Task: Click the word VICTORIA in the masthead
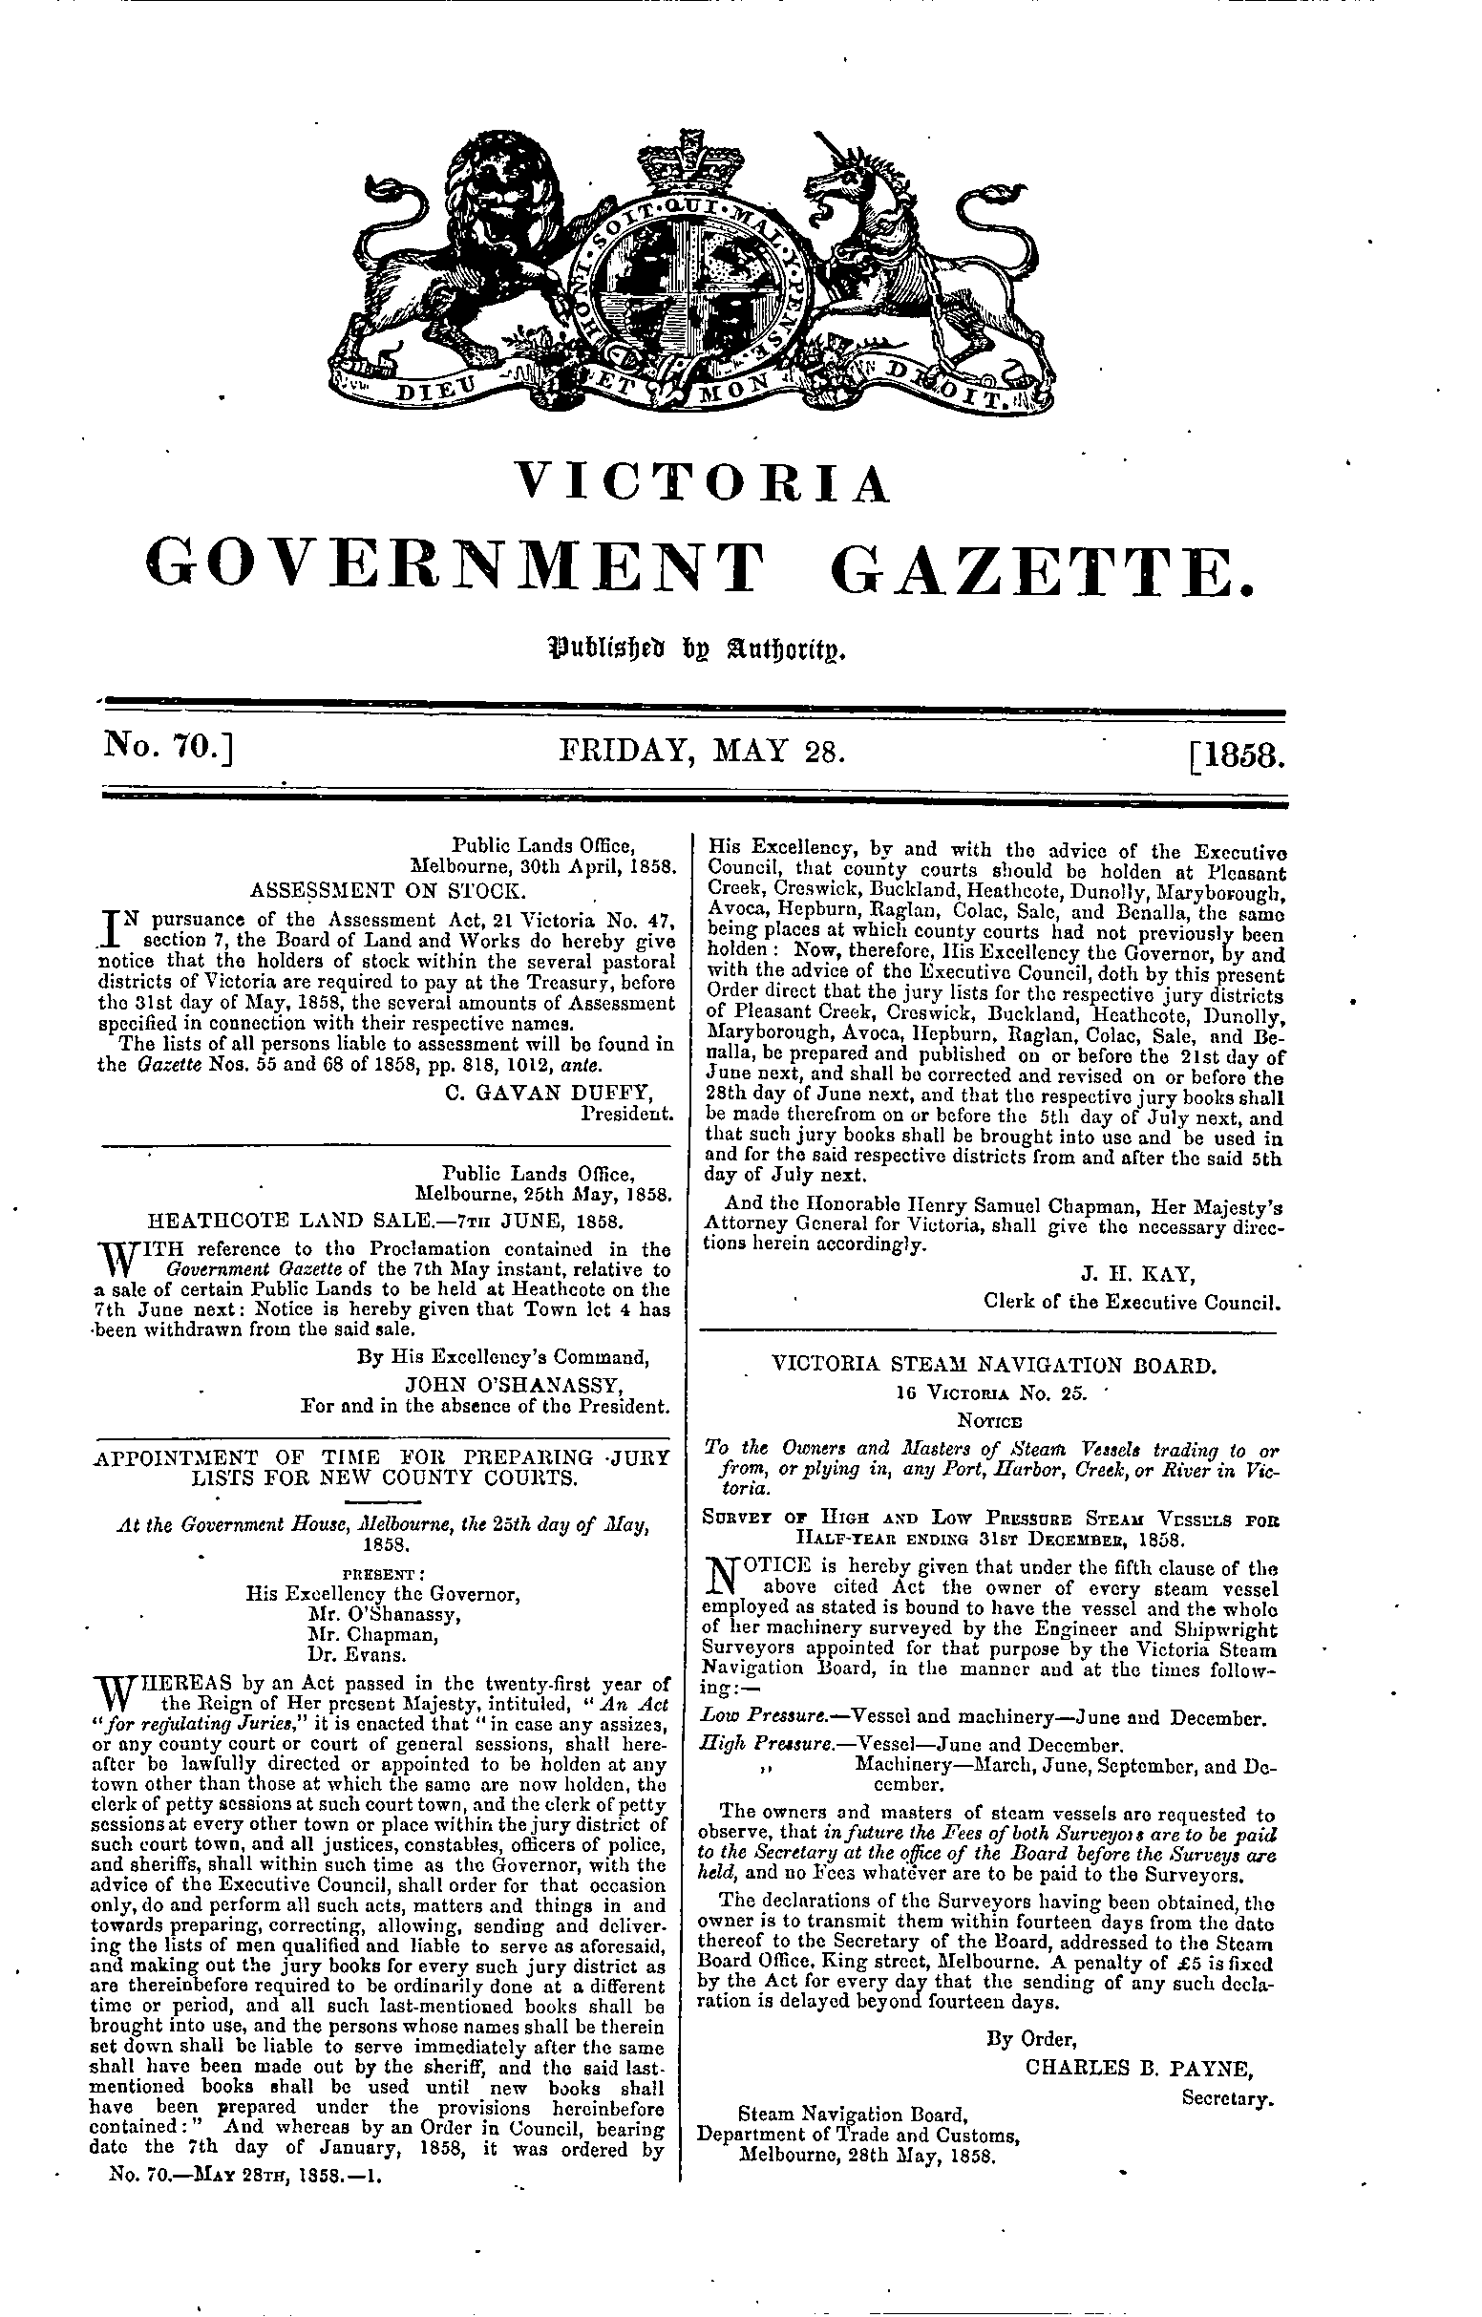tap(702, 484)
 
